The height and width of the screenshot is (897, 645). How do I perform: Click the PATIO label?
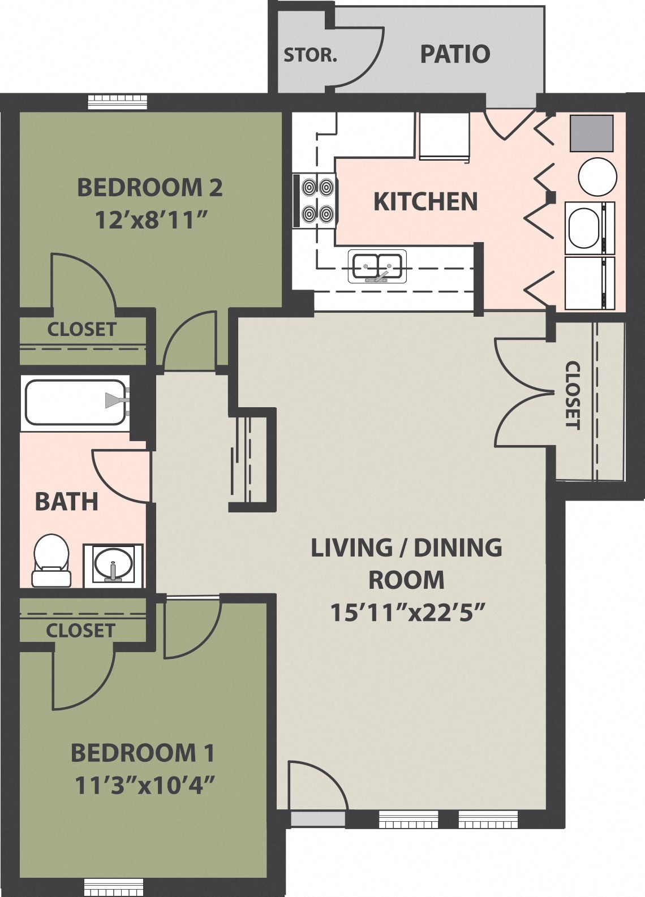(x=454, y=54)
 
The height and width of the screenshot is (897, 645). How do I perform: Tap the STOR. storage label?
(x=309, y=55)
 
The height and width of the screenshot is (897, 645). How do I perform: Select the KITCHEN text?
(x=425, y=202)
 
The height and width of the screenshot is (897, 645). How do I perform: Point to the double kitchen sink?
(x=377, y=266)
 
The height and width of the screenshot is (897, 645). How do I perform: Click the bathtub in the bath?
(x=74, y=402)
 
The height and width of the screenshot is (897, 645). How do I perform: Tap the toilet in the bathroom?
(x=51, y=560)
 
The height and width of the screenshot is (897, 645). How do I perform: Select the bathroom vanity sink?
(x=113, y=564)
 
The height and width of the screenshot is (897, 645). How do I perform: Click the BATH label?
(x=66, y=502)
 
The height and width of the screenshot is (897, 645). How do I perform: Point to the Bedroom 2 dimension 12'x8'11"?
(x=149, y=219)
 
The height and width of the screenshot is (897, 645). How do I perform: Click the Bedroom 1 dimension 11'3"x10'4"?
(x=145, y=785)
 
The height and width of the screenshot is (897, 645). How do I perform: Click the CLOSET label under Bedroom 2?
(x=81, y=329)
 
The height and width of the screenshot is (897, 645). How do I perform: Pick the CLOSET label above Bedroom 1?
(x=80, y=630)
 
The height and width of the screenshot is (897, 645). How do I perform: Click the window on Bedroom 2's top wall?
(x=118, y=102)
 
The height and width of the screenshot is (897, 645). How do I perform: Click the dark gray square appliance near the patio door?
(x=591, y=133)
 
